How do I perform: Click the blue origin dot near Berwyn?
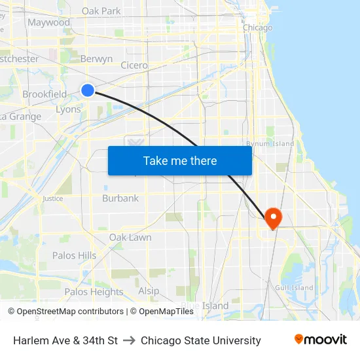[88, 90]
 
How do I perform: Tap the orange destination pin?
[272, 216]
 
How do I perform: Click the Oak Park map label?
[101, 10]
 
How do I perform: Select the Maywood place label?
[48, 22]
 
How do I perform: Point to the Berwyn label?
[96, 59]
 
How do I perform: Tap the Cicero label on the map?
[134, 65]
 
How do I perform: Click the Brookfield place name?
[45, 94]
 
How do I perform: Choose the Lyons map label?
[68, 109]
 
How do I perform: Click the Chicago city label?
[257, 27]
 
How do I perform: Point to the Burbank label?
[120, 198]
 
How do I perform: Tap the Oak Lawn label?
[130, 237]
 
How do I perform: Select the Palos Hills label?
[74, 255]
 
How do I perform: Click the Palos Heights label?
[94, 292]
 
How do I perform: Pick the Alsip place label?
[149, 291]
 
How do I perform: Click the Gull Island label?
[294, 287]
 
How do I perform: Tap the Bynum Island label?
[270, 143]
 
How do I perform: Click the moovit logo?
[320, 340]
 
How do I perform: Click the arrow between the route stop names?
[129, 340]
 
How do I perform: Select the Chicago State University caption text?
[200, 340]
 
